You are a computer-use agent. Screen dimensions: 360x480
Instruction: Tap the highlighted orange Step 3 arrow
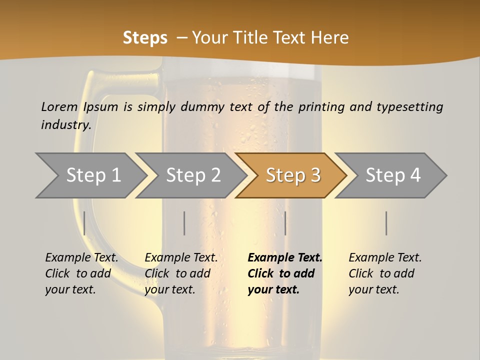[293, 175]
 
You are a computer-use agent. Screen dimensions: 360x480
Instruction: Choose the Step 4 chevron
[393, 175]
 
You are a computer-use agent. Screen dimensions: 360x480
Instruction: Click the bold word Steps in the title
[145, 38]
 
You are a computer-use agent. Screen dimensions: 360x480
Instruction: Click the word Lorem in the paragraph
[59, 106]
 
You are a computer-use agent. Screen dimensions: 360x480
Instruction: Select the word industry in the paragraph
[66, 124]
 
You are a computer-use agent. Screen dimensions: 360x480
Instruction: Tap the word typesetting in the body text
[409, 106]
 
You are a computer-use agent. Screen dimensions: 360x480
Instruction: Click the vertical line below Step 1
[84, 223]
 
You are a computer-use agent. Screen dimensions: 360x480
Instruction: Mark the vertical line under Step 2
[184, 223]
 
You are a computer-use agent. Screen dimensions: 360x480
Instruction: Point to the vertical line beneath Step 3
[285, 223]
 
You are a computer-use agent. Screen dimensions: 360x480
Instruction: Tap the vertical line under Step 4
[386, 223]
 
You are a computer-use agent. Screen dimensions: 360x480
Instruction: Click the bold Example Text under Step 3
[285, 257]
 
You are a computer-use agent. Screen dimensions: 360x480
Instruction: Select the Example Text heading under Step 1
[81, 257]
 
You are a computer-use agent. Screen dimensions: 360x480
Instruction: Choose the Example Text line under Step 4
[385, 257]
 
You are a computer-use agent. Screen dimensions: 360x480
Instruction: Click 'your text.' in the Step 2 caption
[170, 289]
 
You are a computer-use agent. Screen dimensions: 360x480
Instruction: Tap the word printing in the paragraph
[319, 106]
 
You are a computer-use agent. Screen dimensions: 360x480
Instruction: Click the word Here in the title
[330, 38]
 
